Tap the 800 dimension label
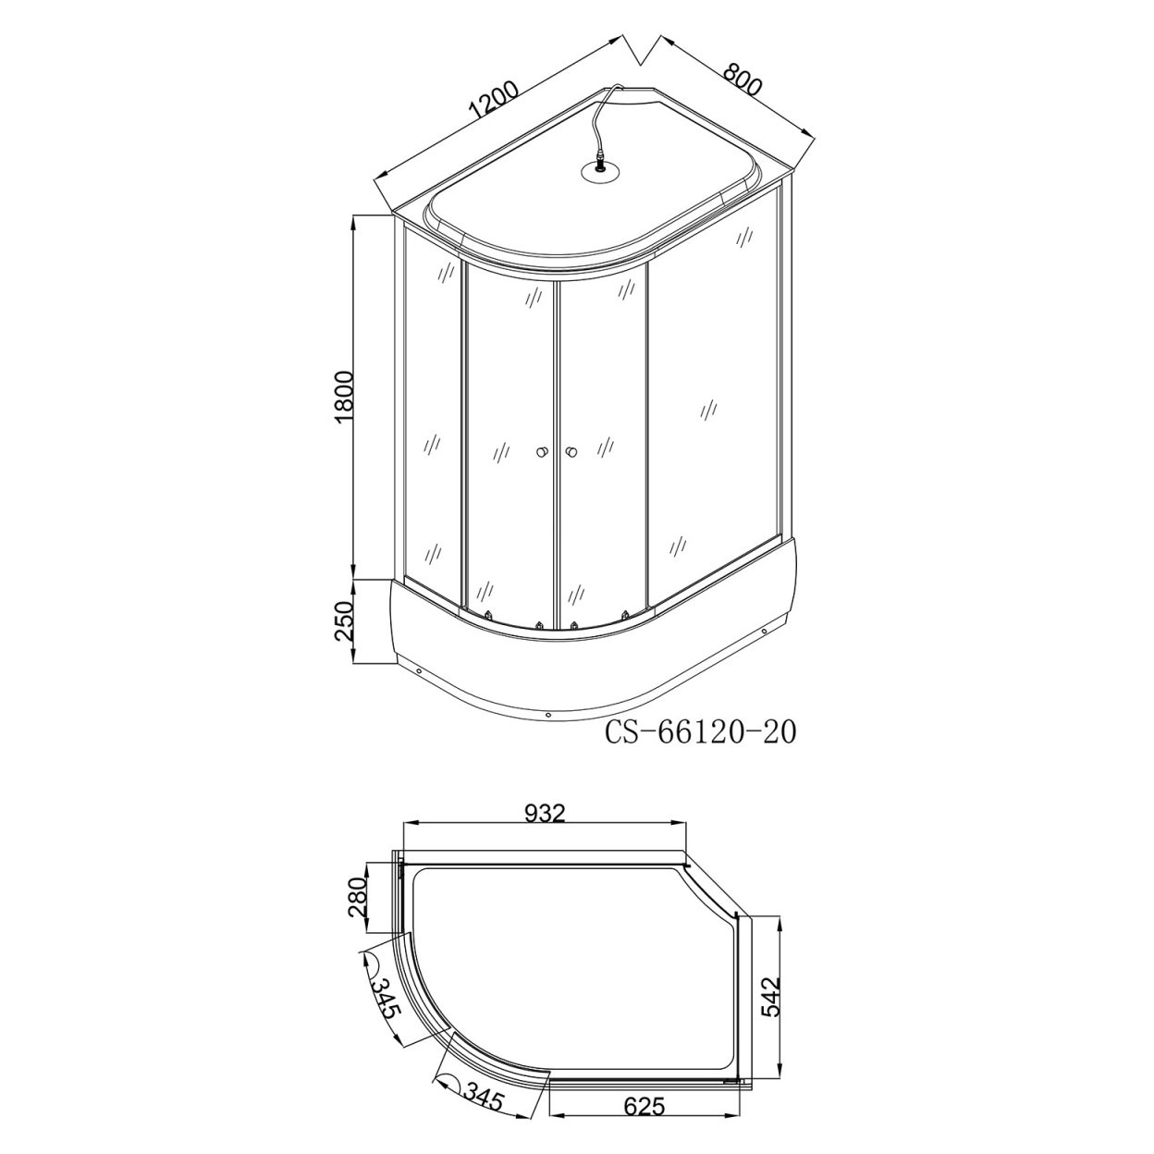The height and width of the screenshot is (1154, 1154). pos(742,79)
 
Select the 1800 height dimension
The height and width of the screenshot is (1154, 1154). pos(346,397)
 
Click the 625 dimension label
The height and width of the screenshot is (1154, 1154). pos(645,1123)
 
